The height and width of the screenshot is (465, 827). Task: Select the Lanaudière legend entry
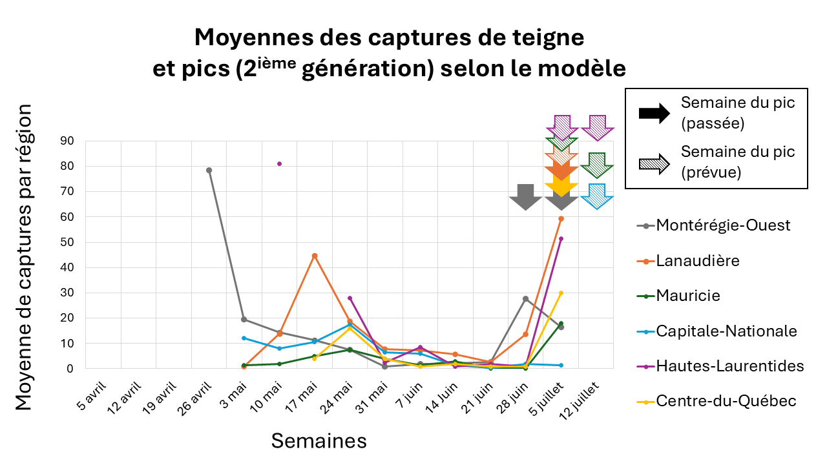[698, 261]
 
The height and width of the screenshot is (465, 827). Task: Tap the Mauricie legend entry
[688, 296]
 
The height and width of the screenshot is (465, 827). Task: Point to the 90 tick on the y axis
[67, 141]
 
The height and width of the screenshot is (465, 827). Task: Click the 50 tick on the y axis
[67, 242]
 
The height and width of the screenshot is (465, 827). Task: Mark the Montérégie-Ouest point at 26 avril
[209, 170]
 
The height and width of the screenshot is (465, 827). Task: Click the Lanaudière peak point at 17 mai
[315, 256]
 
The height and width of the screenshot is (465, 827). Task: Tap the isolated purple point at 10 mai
[279, 163]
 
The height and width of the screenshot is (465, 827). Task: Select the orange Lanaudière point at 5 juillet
[561, 218]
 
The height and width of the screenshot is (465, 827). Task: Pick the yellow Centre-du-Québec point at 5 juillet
[561, 293]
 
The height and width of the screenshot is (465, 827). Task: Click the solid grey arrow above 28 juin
[526, 197]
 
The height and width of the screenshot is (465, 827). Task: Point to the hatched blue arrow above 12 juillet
[597, 196]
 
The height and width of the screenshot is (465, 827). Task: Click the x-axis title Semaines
[319, 441]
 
